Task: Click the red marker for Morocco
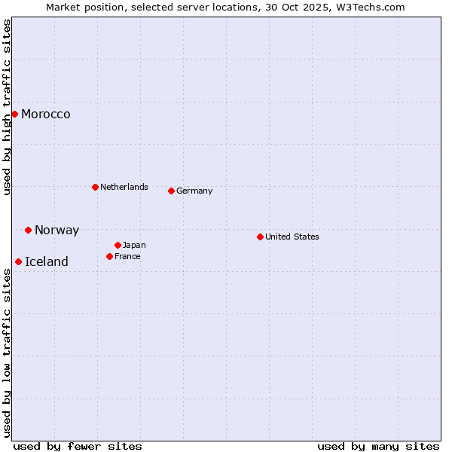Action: pyautogui.click(x=14, y=114)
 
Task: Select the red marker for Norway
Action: pyautogui.click(x=28, y=230)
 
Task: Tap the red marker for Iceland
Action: pyautogui.click(x=18, y=261)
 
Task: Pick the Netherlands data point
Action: pyautogui.click(x=95, y=187)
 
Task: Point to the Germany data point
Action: pyautogui.click(x=171, y=191)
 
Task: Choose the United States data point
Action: pyautogui.click(x=260, y=237)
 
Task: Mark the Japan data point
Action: pyautogui.click(x=118, y=245)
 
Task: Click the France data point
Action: pyautogui.click(x=109, y=256)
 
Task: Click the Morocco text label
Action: pyautogui.click(x=46, y=115)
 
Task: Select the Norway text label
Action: pyautogui.click(x=56, y=231)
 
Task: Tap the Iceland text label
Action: pyautogui.click(x=47, y=262)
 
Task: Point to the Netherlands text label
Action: pyautogui.click(x=124, y=187)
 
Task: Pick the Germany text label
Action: pyautogui.click(x=194, y=191)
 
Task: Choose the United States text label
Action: pyautogui.click(x=292, y=237)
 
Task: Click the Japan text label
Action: pyautogui.click(x=134, y=245)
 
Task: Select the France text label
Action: pyautogui.click(x=127, y=256)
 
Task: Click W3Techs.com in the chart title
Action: pyautogui.click(x=371, y=8)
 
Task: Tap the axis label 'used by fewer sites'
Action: pyautogui.click(x=78, y=446)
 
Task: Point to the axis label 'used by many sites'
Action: pyautogui.click(x=378, y=446)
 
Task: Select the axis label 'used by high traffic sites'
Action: pyautogui.click(x=8, y=107)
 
